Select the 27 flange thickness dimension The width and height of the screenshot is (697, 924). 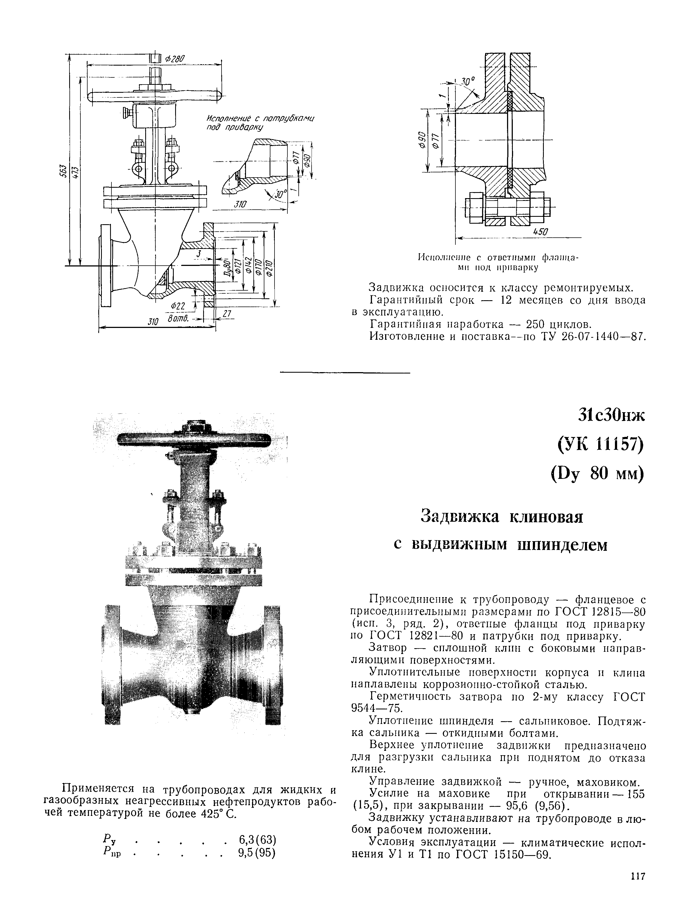(x=227, y=314)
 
